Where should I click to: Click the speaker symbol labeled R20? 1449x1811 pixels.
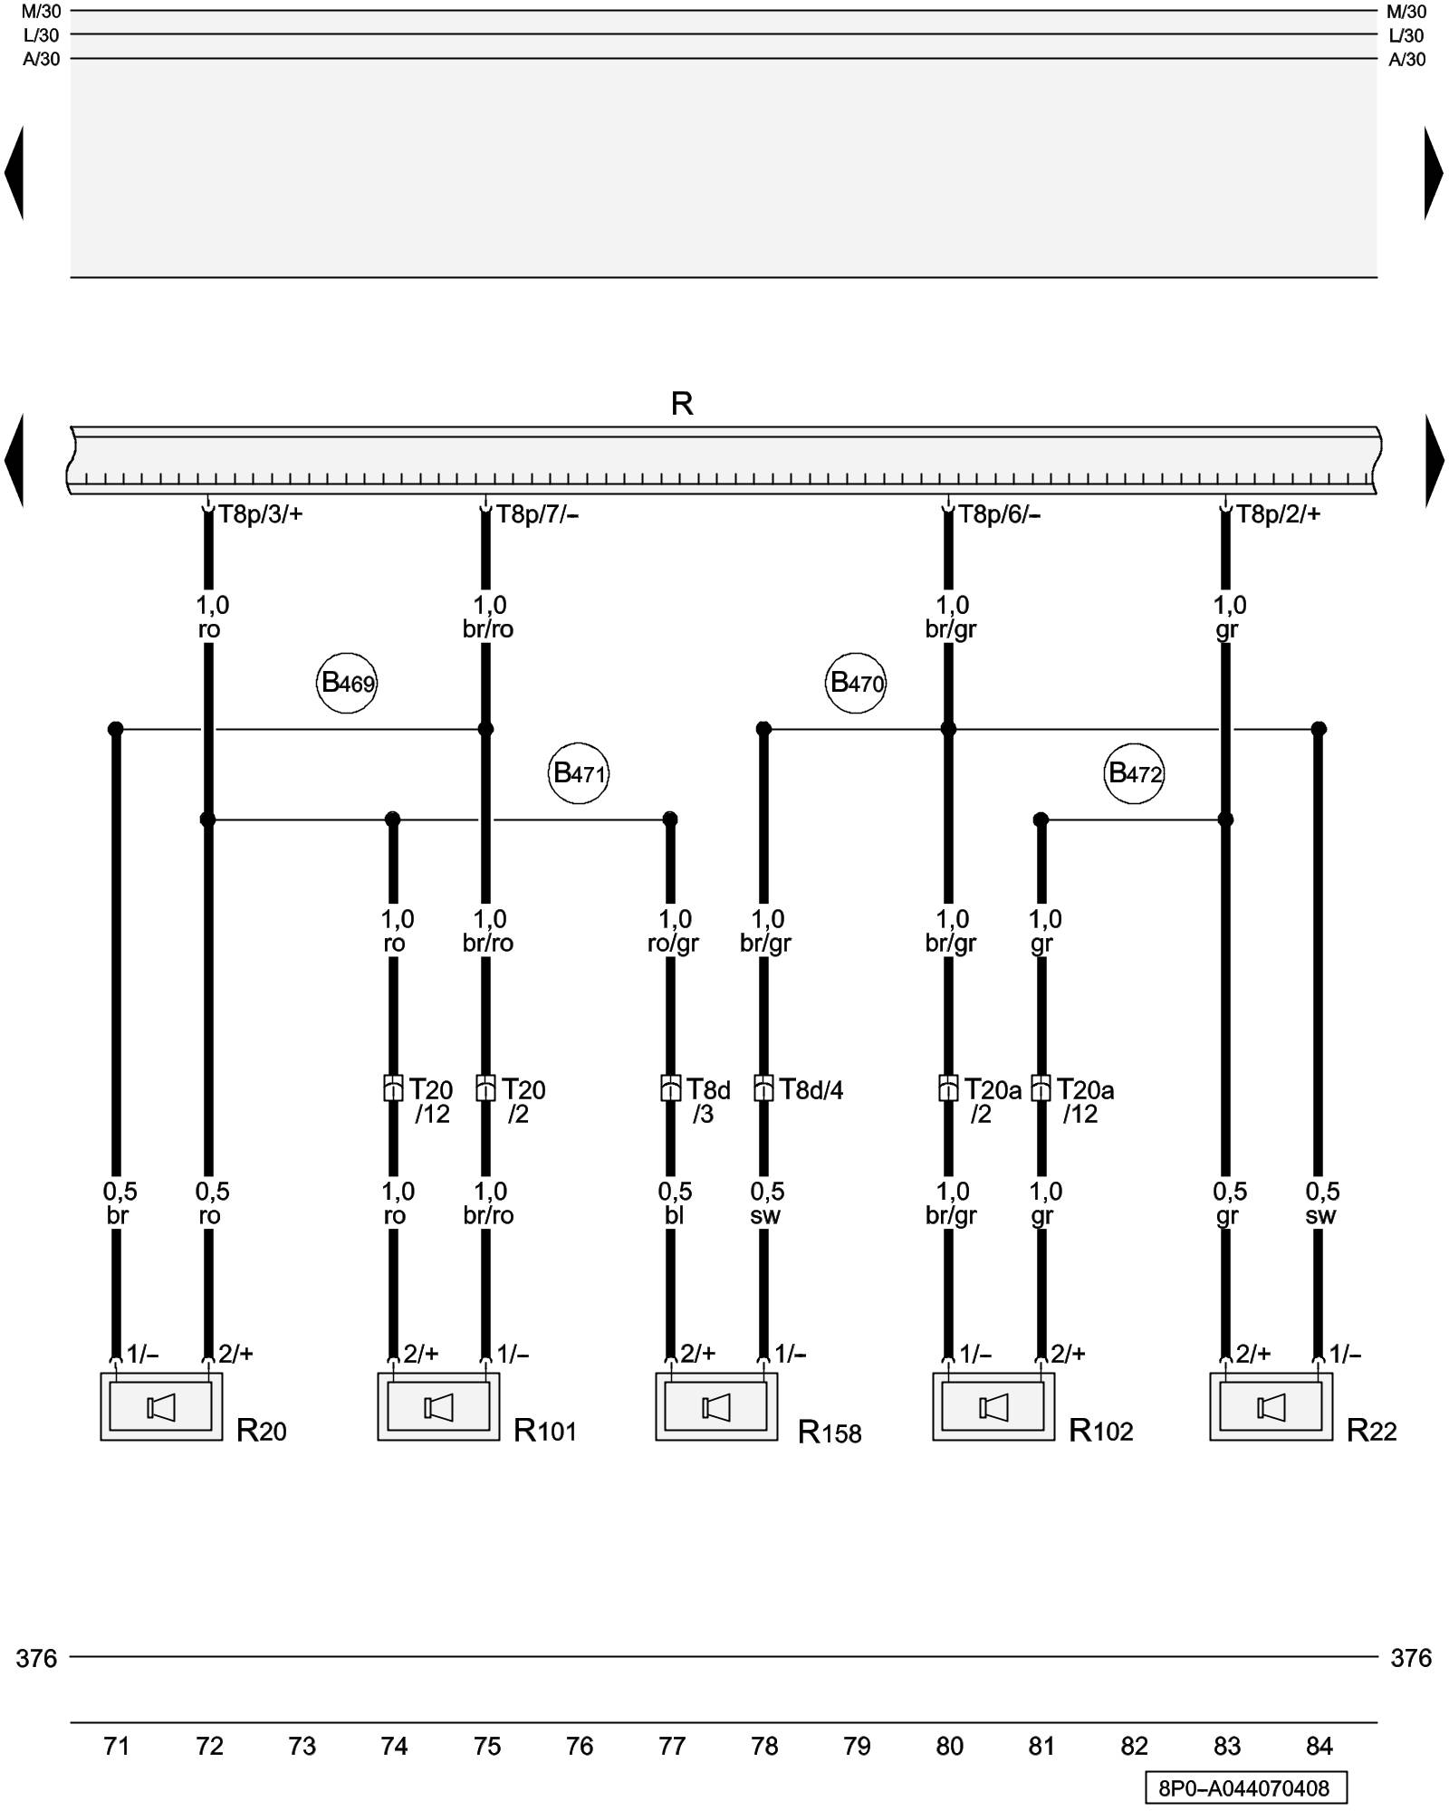(161, 1407)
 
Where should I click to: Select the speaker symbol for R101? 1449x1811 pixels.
(438, 1407)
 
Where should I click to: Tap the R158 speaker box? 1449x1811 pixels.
(716, 1407)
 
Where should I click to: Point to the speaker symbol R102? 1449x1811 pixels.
(993, 1407)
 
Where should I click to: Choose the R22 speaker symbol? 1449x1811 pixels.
(1271, 1407)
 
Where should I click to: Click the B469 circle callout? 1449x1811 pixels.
(347, 683)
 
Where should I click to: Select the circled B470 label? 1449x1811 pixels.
(856, 683)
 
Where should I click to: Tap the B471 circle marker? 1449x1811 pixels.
(579, 773)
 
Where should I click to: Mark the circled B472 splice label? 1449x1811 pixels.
(1134, 773)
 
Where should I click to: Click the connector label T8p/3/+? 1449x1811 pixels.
(260, 514)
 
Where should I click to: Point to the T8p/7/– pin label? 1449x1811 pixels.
(537, 514)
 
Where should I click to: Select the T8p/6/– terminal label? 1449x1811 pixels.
(999, 514)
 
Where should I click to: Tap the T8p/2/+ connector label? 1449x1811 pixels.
(1278, 514)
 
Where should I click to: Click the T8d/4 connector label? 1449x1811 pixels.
(811, 1089)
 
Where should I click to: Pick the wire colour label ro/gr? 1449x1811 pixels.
(673, 944)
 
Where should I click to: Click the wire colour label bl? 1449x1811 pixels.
(674, 1215)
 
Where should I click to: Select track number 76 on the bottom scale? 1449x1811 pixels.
(580, 1746)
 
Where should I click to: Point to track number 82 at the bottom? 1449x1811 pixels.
(1134, 1746)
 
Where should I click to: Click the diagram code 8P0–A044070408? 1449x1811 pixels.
(1244, 1788)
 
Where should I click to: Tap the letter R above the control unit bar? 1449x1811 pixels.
(682, 403)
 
